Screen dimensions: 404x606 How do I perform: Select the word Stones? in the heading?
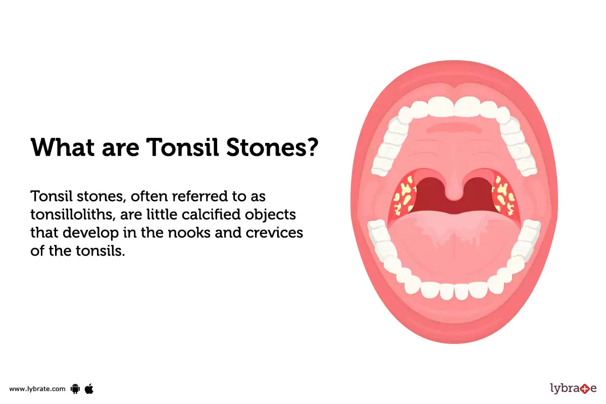pos(273,147)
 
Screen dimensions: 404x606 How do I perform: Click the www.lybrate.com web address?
pos(37,389)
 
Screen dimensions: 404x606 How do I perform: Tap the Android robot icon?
pos(76,388)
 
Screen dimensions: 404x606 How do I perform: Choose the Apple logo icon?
pos(89,388)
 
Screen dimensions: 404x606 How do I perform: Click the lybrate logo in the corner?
pos(573,388)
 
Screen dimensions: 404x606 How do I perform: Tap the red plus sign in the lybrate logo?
pos(584,389)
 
